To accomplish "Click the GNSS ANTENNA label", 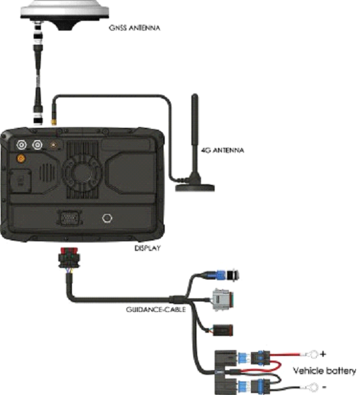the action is [134, 28].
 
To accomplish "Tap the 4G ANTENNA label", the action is [222, 150].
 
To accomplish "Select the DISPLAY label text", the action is [147, 248].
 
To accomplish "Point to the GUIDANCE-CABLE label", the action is [156, 309].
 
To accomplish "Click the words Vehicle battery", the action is [324, 371].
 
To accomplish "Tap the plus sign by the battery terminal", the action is [323, 354].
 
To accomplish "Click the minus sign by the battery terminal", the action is [324, 386].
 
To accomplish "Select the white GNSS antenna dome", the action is [64, 10].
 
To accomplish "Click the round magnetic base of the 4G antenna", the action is [195, 187].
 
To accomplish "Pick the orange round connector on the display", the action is [21, 158].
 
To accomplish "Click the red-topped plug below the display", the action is [69, 257].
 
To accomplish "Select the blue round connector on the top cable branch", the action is [221, 275].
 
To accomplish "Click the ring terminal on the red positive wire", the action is [313, 354].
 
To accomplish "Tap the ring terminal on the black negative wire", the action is [313, 387].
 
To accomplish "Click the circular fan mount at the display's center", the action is [82, 172].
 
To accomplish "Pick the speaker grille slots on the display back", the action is [47, 172].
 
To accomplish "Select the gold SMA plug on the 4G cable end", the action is [54, 122].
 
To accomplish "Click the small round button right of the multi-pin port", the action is [107, 219].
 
